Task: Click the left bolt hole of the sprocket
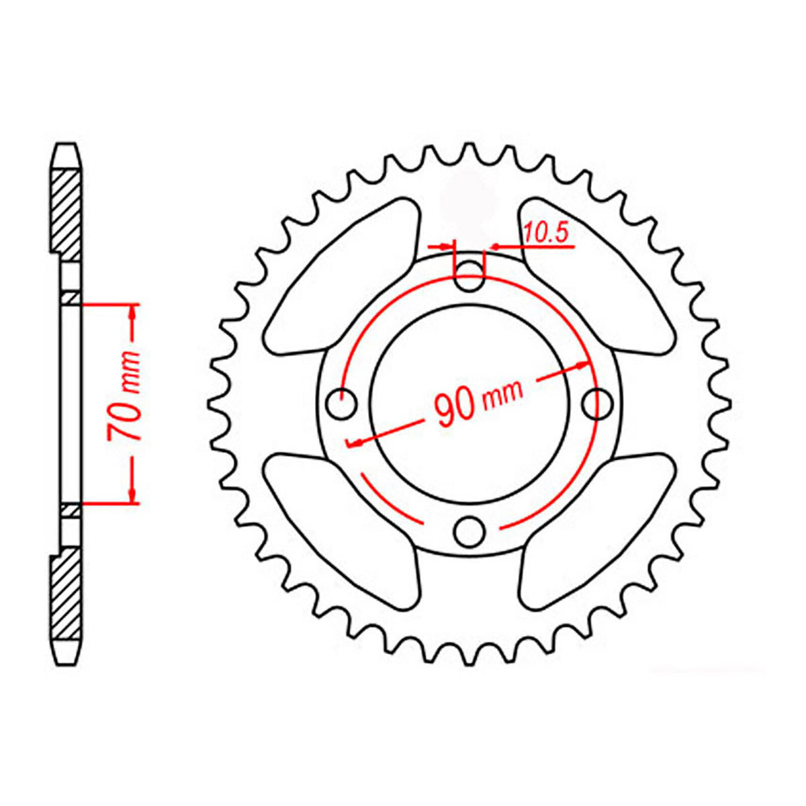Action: (x=341, y=404)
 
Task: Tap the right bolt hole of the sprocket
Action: (x=596, y=404)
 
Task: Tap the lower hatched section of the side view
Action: (x=69, y=591)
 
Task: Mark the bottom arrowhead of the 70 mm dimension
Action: (x=132, y=496)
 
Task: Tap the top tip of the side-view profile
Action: (x=68, y=145)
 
